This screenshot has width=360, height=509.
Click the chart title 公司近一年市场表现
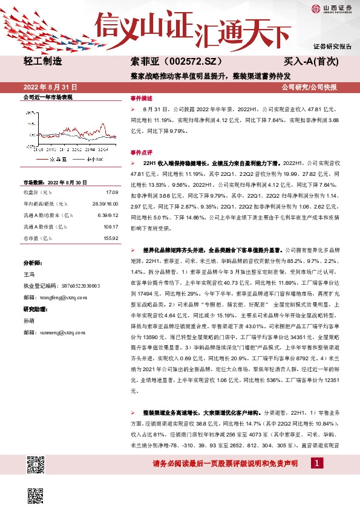point(48,97)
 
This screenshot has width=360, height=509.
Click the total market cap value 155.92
point(103,238)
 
